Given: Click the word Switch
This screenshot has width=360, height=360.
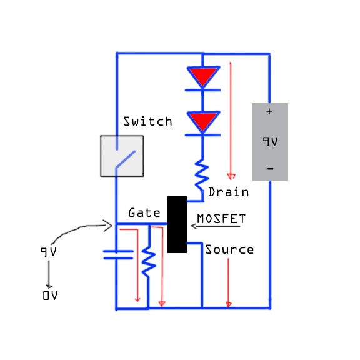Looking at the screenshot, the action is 147,121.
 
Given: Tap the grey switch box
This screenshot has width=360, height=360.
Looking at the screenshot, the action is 122,156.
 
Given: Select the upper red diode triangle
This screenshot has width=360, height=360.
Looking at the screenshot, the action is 203,77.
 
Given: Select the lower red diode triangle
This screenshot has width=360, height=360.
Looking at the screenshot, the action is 203,122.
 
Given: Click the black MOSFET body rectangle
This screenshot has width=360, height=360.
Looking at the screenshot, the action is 177,224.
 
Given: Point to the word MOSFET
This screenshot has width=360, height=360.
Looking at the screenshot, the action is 221,219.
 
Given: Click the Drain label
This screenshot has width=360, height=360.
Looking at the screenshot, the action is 229,192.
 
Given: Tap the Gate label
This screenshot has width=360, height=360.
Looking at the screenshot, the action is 144,212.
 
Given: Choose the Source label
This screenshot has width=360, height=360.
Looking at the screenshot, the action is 229,249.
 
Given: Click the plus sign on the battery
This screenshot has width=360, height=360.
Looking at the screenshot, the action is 269,111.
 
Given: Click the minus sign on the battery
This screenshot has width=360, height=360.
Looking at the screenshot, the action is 271,169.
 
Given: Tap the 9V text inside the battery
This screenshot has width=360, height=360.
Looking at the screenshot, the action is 270,141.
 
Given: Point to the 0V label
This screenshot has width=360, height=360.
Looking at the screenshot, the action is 50,295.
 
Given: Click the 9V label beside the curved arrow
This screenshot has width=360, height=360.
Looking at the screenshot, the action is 49,252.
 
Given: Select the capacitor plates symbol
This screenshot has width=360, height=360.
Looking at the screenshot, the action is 118,255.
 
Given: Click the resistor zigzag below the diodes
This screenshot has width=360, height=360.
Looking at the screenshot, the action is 202,176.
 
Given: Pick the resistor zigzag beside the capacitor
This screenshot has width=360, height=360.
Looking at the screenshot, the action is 149,262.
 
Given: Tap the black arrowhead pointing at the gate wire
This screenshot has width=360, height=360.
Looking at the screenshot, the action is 107,226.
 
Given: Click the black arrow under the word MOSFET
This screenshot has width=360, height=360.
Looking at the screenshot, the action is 216,226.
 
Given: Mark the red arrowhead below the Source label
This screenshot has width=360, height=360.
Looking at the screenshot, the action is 229,304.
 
